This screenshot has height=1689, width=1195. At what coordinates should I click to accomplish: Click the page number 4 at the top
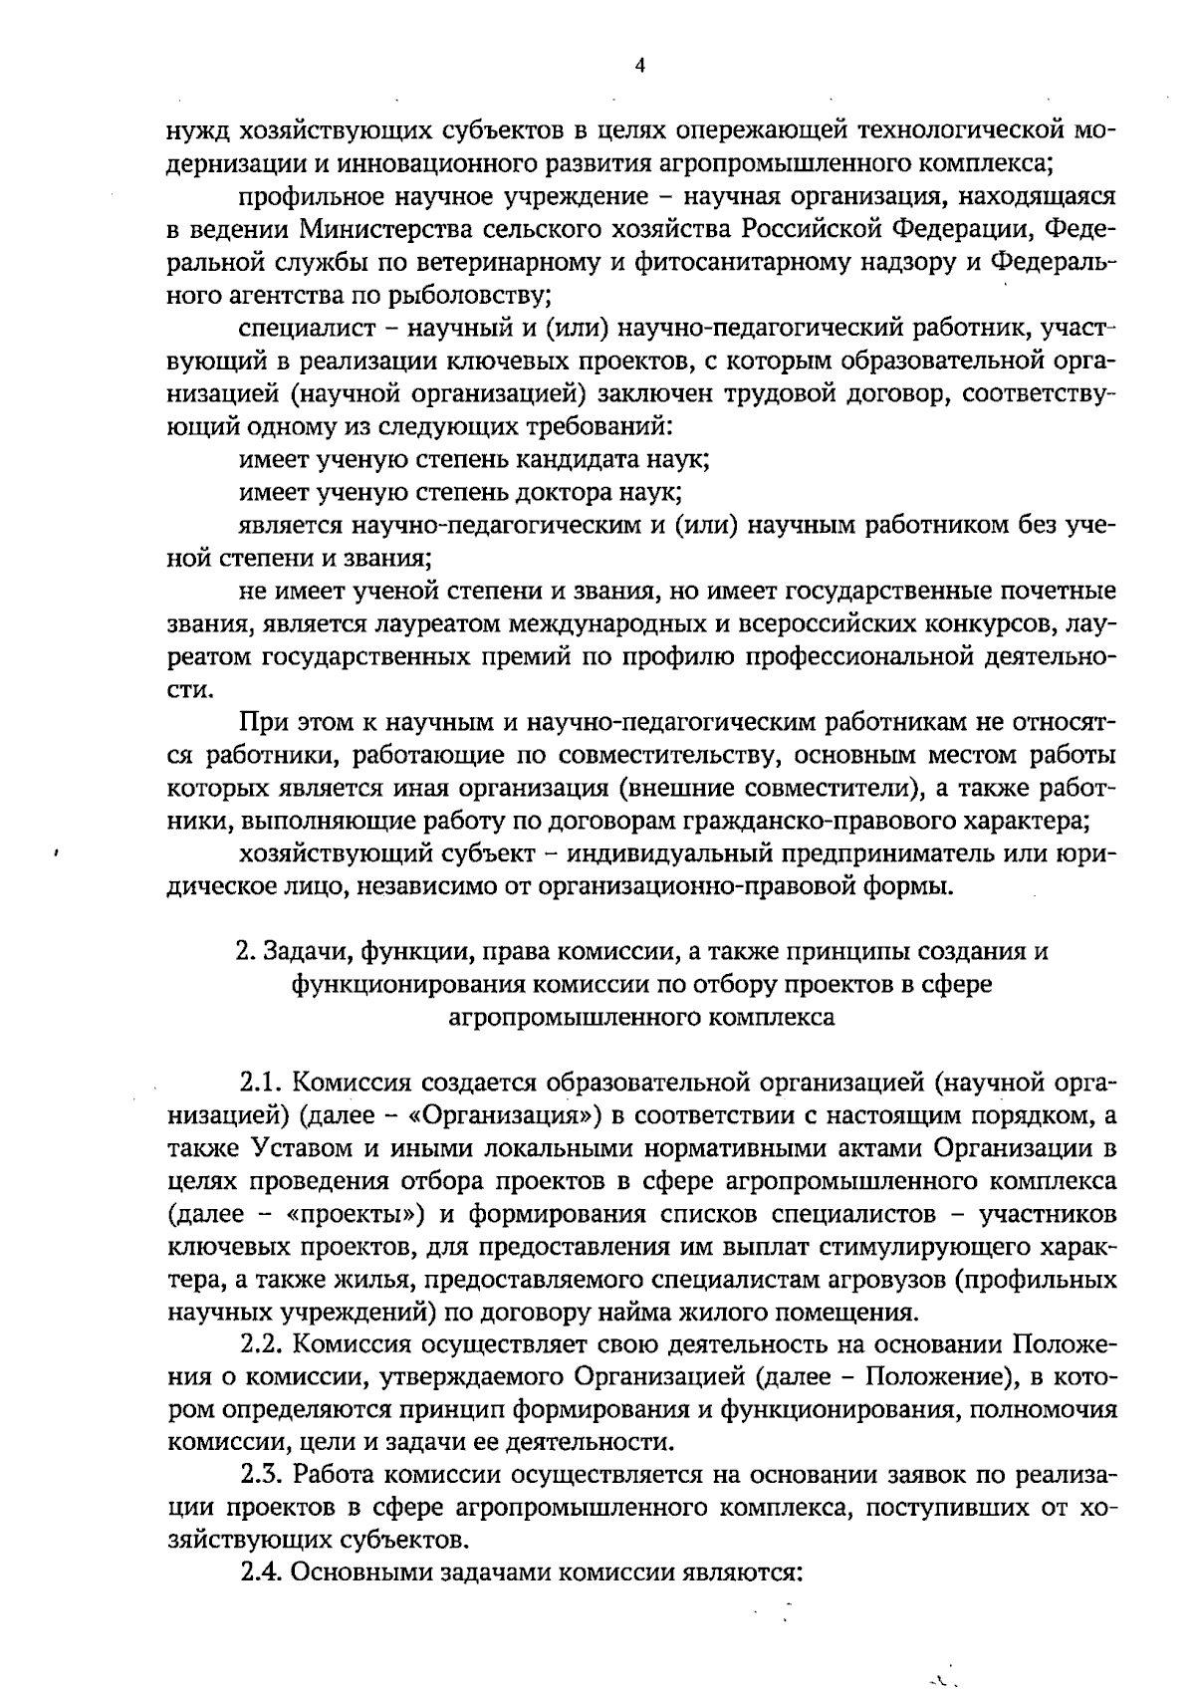click(640, 66)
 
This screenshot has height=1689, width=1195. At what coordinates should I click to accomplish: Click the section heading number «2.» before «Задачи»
click(245, 951)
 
